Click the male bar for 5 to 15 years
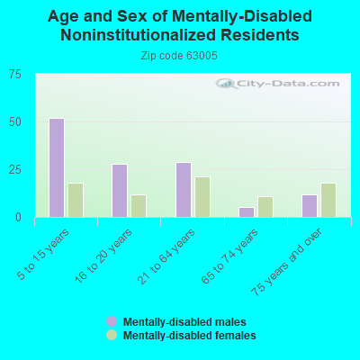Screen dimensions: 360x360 (x=57, y=167)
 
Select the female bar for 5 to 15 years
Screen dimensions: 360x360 (x=76, y=200)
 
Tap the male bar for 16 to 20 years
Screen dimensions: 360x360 (x=120, y=191)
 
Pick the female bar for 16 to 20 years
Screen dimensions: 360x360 (x=139, y=206)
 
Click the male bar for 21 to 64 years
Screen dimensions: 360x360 (x=184, y=190)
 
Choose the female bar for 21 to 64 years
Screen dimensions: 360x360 (x=202, y=197)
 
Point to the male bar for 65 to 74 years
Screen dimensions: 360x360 (x=247, y=212)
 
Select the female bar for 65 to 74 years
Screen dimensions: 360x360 (x=265, y=207)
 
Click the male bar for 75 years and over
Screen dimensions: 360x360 (x=310, y=206)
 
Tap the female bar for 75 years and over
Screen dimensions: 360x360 (x=328, y=200)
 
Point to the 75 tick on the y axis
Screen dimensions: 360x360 (x=15, y=74)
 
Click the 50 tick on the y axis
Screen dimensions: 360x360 (x=15, y=122)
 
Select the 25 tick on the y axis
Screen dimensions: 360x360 (x=15, y=170)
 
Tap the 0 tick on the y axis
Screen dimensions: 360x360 (x=18, y=217)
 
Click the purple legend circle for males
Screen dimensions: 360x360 (x=112, y=321)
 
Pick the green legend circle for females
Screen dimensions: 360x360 (x=112, y=335)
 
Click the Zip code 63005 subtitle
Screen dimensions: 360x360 (x=179, y=56)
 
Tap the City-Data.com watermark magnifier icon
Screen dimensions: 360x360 (x=226, y=84)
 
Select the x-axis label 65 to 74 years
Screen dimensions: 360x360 (x=229, y=256)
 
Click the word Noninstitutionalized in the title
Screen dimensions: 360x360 (x=138, y=35)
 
